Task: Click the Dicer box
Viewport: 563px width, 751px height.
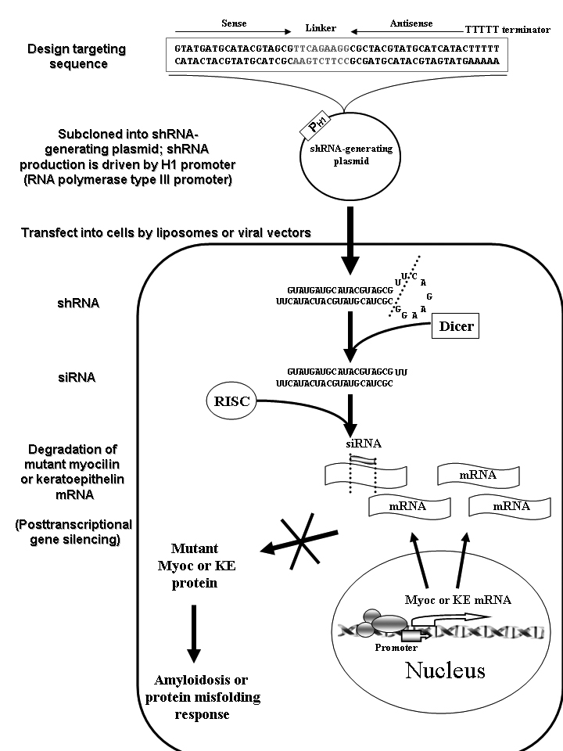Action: coord(456,326)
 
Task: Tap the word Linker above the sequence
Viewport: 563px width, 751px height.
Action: coord(320,28)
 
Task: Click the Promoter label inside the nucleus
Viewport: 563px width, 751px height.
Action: coord(396,648)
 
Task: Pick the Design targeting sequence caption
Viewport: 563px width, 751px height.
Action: coord(77,56)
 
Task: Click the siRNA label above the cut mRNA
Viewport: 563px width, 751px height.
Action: coord(364,444)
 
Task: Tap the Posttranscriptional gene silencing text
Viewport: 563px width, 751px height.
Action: coord(74,532)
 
